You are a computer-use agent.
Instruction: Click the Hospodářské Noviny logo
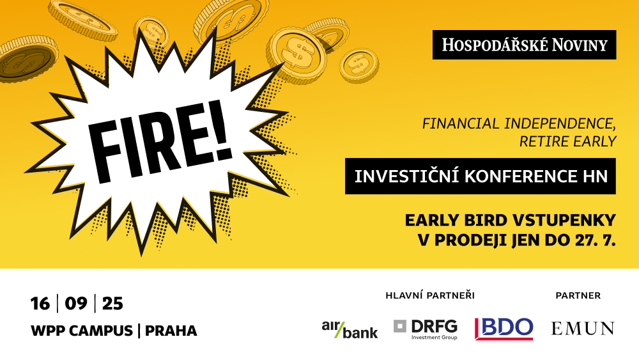(x=524, y=45)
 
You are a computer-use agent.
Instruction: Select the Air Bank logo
(x=350, y=329)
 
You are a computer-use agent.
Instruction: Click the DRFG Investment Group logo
(x=426, y=329)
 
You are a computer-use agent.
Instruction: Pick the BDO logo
(x=504, y=329)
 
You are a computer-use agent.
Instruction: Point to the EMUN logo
(x=583, y=329)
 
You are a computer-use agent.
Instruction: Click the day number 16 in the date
(x=40, y=304)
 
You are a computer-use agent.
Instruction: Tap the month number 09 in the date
(x=76, y=304)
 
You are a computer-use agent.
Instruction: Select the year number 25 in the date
(x=112, y=304)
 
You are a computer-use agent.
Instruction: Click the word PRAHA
(x=171, y=331)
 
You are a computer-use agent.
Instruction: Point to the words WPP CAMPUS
(x=82, y=331)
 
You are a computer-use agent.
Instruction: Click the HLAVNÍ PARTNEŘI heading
(x=430, y=295)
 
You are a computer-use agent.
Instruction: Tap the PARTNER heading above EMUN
(x=578, y=295)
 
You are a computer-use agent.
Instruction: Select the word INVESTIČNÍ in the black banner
(x=407, y=176)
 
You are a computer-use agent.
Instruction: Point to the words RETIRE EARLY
(x=567, y=141)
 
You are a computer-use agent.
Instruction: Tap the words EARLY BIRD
(x=455, y=221)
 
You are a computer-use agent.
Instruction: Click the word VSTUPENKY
(x=564, y=221)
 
